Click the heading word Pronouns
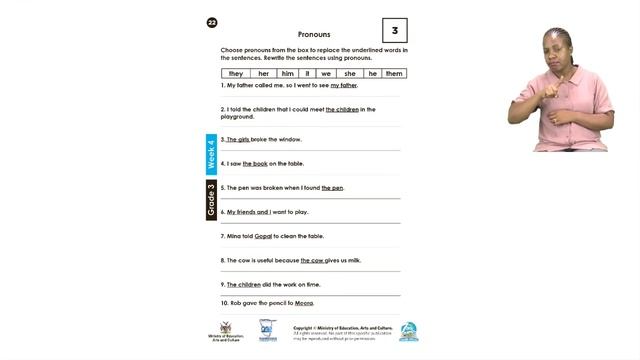[x=314, y=34]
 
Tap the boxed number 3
[x=394, y=31]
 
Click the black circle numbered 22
[x=212, y=22]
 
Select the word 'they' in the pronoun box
[x=236, y=73]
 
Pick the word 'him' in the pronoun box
[x=287, y=73]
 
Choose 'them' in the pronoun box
[x=394, y=73]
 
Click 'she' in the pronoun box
[x=350, y=73]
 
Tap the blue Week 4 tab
[x=211, y=154]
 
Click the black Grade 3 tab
[x=211, y=200]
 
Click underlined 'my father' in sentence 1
[x=343, y=86]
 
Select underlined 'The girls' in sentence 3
[x=238, y=139]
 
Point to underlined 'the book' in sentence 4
[x=255, y=163]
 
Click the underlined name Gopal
[x=263, y=236]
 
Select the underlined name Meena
[x=304, y=302]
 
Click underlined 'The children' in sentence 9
[x=243, y=284]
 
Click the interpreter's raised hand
[x=565, y=78]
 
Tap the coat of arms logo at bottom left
[x=230, y=328]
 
